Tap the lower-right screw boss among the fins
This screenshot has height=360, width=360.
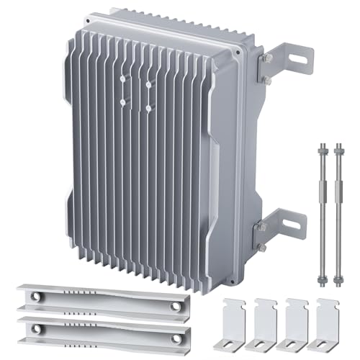pyautogui.click(x=148, y=108)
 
